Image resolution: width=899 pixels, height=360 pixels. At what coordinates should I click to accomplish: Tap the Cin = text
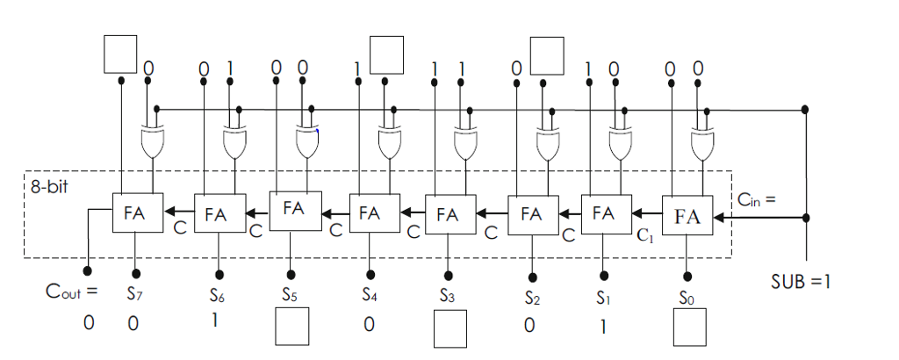click(x=757, y=199)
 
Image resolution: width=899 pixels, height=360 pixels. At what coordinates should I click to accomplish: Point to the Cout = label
click(x=71, y=291)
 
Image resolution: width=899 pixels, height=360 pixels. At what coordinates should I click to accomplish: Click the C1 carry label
click(x=644, y=235)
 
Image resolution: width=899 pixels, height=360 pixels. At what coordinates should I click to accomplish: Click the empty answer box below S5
click(x=292, y=329)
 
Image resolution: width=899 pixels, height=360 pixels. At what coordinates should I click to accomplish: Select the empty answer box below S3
click(x=449, y=330)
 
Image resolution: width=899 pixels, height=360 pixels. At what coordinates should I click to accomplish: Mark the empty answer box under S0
click(x=690, y=330)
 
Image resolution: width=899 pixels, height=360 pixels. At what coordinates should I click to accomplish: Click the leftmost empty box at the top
click(x=120, y=54)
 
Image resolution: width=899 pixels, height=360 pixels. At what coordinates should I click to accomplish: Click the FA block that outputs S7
click(x=133, y=212)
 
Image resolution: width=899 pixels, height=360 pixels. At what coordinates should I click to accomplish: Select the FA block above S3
click(x=448, y=212)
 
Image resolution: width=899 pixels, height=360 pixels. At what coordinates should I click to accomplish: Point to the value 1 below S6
click(x=213, y=321)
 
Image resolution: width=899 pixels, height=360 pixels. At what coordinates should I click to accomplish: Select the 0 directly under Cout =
click(x=88, y=323)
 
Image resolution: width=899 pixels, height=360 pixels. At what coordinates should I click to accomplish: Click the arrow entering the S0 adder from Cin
click(x=729, y=216)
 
